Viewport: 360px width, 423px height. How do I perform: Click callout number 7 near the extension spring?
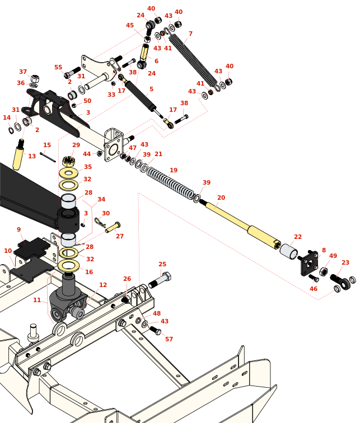[190, 34]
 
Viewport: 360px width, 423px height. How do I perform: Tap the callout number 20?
[221, 198]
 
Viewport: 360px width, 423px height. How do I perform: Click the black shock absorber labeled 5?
[140, 96]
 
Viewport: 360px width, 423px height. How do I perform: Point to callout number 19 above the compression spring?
[174, 170]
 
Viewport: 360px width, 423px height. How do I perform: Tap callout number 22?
[298, 237]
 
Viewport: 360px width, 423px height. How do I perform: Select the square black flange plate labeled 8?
[310, 264]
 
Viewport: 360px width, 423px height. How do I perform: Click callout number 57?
[169, 339]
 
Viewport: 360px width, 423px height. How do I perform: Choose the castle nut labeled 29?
[69, 162]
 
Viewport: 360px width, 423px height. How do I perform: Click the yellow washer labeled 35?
[68, 173]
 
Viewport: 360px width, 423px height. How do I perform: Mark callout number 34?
[101, 199]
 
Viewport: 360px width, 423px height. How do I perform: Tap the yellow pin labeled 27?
[113, 227]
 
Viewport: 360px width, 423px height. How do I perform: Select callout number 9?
[18, 229]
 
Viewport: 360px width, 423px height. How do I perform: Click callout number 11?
[37, 300]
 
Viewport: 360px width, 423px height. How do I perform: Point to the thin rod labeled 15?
[48, 157]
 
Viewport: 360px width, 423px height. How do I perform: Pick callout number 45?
[130, 25]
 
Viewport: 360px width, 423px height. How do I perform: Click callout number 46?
[314, 289]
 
